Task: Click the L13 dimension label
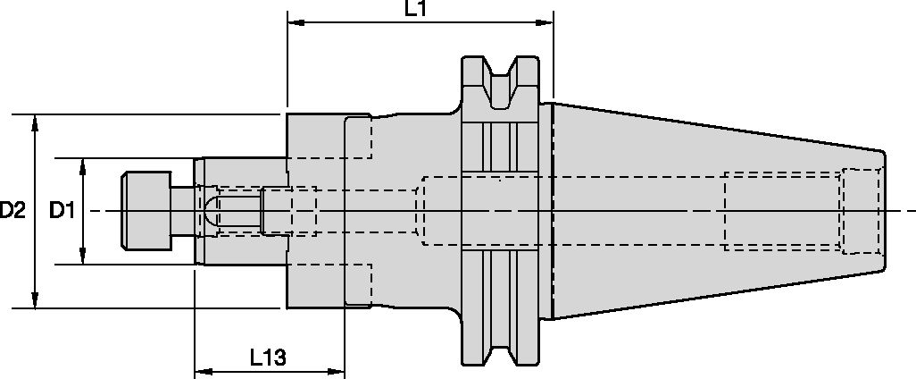click(268, 358)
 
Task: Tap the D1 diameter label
click(62, 211)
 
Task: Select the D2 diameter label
click(12, 211)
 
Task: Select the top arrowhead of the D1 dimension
click(83, 164)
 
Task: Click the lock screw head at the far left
click(146, 211)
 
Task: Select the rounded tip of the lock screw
click(208, 211)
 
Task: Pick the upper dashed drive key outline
click(358, 137)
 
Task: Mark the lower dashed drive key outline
click(358, 285)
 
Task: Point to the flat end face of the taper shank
click(885, 211)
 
